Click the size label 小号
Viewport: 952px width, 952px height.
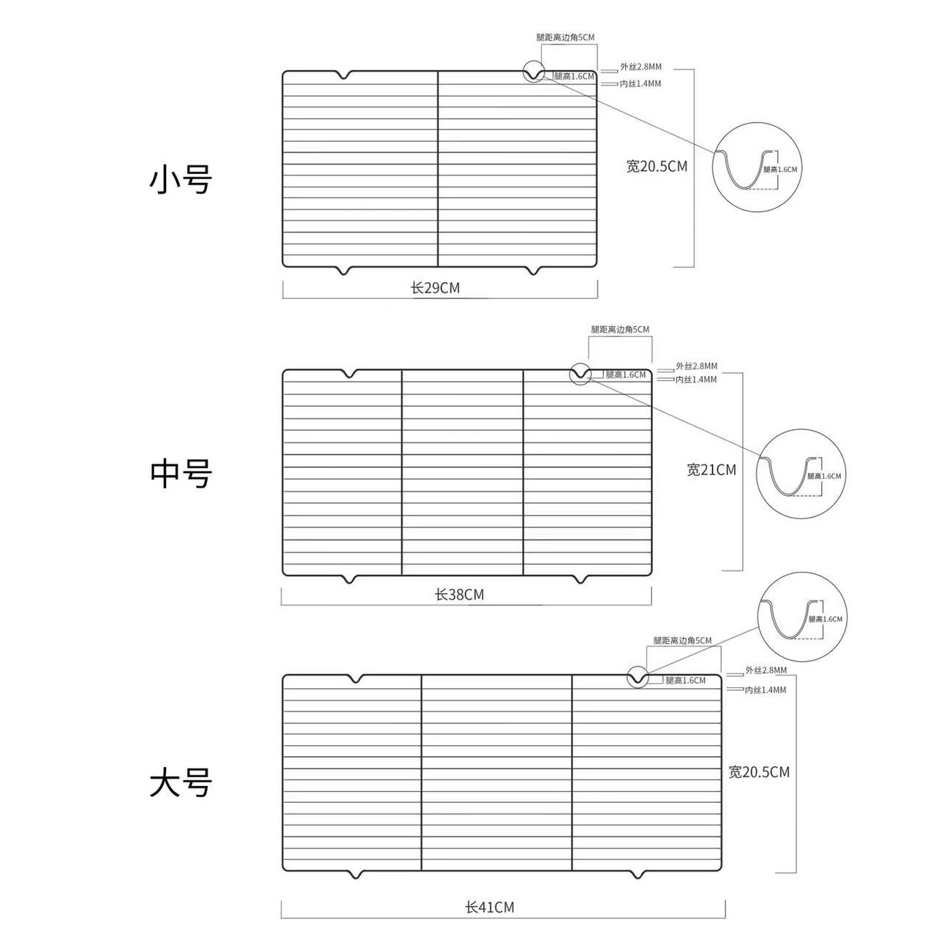pos(181,179)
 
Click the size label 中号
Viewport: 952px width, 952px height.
pos(181,474)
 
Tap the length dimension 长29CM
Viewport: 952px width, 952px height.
pos(435,288)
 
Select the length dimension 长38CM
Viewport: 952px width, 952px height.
pos(459,594)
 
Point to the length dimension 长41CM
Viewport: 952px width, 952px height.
pos(489,907)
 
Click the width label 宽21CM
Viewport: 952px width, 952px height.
pos(711,470)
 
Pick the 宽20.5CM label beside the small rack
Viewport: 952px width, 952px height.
pos(657,166)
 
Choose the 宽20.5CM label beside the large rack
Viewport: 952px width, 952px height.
pos(759,772)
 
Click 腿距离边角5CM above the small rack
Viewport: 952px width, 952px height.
pos(565,37)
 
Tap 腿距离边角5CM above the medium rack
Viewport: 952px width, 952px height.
pos(620,330)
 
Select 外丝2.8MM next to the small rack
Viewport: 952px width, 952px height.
pos(641,67)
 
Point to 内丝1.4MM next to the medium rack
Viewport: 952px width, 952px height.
pos(695,380)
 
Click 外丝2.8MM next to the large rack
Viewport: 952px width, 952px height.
pos(766,670)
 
